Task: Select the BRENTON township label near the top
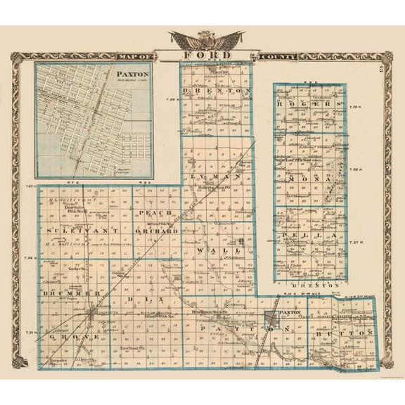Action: pyautogui.click(x=216, y=91)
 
